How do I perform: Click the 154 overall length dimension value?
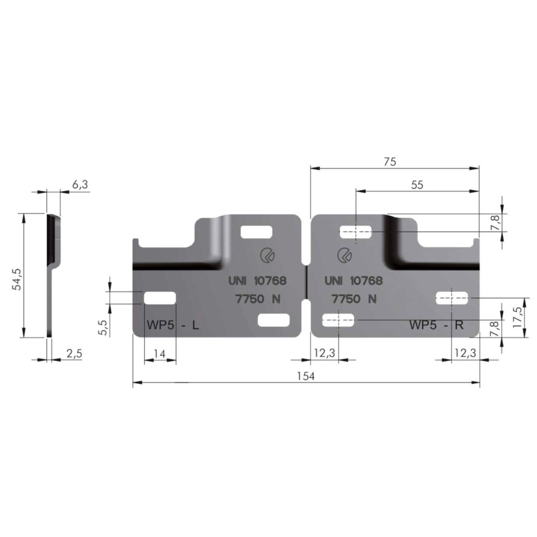pyautogui.click(x=306, y=376)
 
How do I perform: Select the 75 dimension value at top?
pyautogui.click(x=390, y=162)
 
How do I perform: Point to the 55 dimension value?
pyautogui.click(x=417, y=185)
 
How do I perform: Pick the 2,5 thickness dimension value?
pyautogui.click(x=74, y=354)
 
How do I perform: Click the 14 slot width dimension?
pyautogui.click(x=160, y=354)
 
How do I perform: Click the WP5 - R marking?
pyautogui.click(x=436, y=325)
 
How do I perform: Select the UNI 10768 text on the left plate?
pyautogui.click(x=257, y=281)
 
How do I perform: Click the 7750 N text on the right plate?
pyautogui.click(x=354, y=299)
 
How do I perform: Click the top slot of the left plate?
pyautogui.click(x=256, y=232)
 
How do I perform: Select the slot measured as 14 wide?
pyautogui.click(x=160, y=298)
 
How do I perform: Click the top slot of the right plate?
pyautogui.click(x=357, y=232)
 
